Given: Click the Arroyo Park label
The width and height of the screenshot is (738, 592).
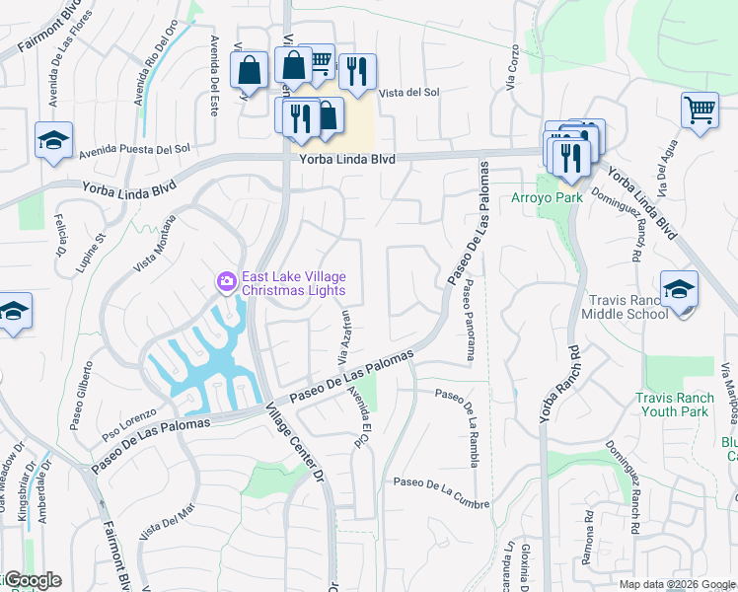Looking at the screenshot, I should click(547, 197).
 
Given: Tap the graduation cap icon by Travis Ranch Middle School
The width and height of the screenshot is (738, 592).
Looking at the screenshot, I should click(678, 289).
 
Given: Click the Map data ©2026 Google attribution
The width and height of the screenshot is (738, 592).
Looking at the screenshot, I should click(676, 584).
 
